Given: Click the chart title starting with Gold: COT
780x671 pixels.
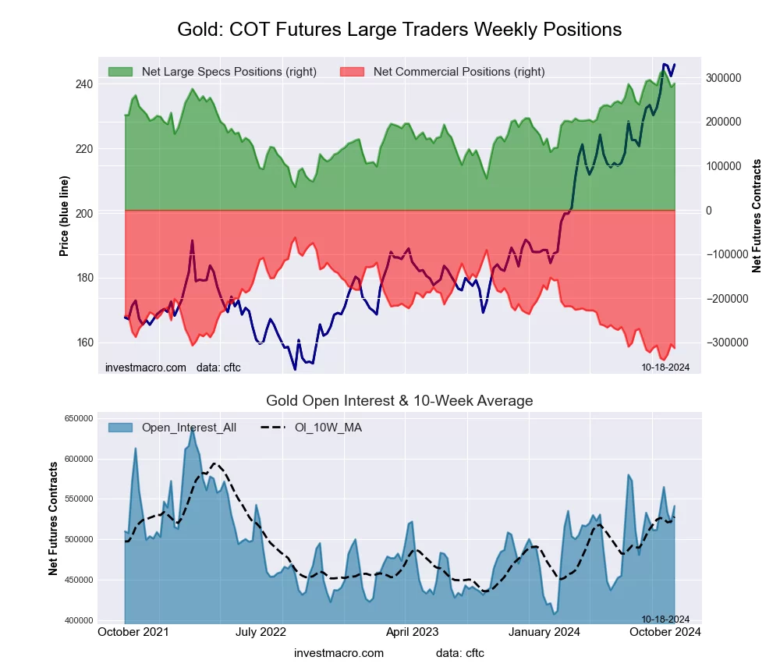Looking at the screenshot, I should click(399, 30).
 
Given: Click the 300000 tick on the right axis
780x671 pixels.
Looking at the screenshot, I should click(723, 78).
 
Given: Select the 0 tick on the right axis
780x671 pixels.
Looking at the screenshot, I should click(709, 211).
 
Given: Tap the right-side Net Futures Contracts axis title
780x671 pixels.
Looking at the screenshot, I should click(757, 215).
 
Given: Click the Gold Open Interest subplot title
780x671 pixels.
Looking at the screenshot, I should click(399, 401).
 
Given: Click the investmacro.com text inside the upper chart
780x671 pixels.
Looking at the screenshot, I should click(146, 367).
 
